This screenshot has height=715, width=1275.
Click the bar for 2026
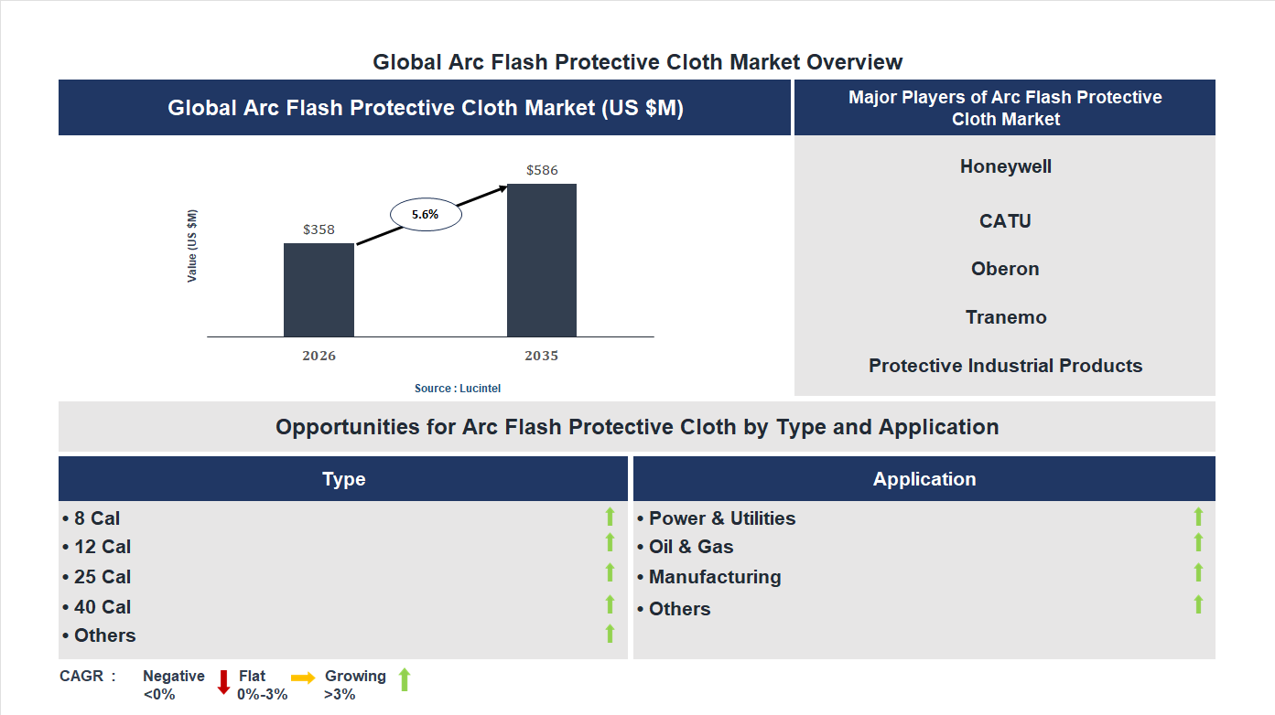(319, 290)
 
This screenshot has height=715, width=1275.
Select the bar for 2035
(542, 261)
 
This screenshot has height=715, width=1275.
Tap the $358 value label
(319, 229)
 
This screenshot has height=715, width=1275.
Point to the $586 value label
(542, 170)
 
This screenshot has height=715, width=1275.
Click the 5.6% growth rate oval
(426, 214)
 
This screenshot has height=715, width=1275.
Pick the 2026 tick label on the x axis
(319, 356)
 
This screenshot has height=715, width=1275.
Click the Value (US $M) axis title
(192, 246)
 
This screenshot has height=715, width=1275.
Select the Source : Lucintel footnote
(458, 389)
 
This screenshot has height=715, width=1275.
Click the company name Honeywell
(1005, 166)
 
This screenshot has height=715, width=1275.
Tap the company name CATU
(1005, 221)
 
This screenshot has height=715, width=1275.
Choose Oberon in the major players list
(1005, 269)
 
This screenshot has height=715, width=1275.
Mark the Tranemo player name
(1005, 317)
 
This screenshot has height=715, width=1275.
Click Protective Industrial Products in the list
(1005, 366)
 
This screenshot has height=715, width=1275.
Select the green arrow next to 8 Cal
(610, 518)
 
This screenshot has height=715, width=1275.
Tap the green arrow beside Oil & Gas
(1198, 543)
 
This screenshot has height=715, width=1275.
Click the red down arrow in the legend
(223, 682)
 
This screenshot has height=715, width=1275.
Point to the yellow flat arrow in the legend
(303, 678)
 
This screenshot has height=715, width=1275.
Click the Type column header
(343, 479)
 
